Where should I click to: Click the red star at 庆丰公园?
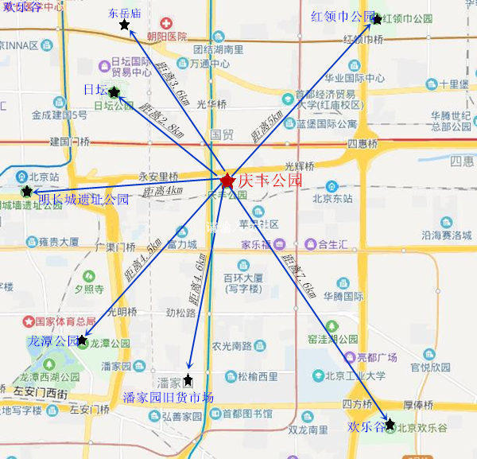(x=227, y=181)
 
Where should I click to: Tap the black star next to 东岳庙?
(x=124, y=25)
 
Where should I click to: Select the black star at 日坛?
(x=114, y=92)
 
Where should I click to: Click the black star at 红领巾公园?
(x=377, y=18)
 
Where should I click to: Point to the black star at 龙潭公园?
(x=81, y=340)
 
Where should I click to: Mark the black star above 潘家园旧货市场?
(x=188, y=379)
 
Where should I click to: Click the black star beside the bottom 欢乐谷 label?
(x=390, y=424)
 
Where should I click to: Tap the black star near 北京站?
(x=28, y=192)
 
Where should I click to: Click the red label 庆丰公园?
(x=270, y=181)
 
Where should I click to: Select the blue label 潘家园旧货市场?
(x=169, y=397)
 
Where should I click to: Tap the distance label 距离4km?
(x=163, y=191)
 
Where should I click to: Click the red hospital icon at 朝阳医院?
(x=165, y=24)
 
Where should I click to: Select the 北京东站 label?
(x=332, y=198)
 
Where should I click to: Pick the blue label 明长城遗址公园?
(x=84, y=200)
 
